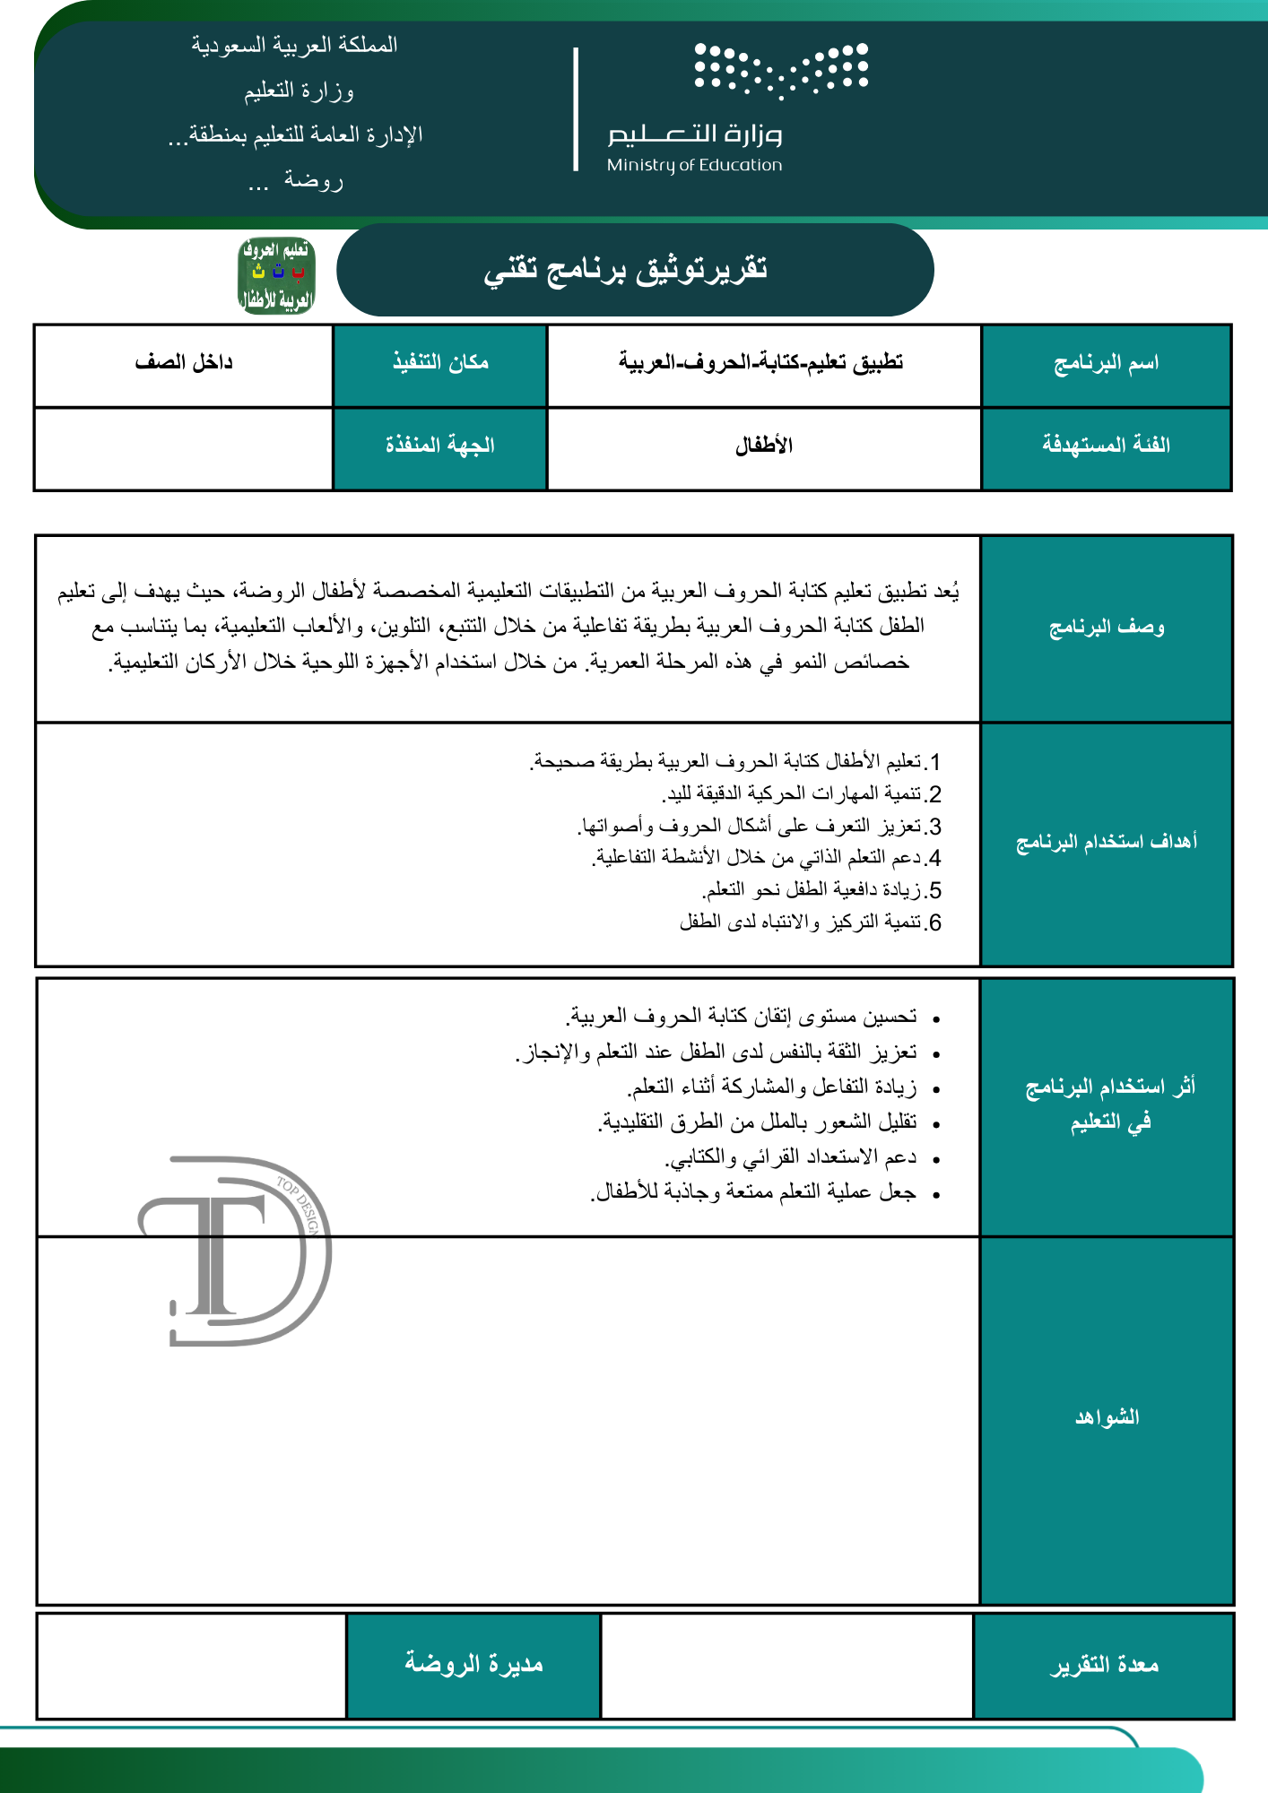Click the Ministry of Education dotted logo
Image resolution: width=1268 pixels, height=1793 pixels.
coord(781,69)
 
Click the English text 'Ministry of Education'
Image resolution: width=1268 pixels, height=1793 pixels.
coord(694,165)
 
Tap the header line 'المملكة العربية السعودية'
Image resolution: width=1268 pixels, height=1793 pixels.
coord(294,45)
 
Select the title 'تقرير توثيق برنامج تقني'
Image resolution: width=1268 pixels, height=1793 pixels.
coord(626,269)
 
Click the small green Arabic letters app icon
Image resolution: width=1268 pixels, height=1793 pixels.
coord(276,275)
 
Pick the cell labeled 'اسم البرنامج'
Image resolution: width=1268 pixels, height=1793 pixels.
coord(1106,363)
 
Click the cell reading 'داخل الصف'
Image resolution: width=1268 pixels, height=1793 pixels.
coord(184,362)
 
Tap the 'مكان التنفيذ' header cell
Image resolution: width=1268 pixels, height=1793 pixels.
coord(440,362)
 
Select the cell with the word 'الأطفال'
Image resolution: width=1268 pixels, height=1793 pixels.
coord(764,446)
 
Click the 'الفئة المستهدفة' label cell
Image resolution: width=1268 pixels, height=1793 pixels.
coord(1106,445)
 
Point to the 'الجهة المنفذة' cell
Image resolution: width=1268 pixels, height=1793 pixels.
coord(440,445)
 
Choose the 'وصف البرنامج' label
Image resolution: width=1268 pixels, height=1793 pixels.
coord(1107,628)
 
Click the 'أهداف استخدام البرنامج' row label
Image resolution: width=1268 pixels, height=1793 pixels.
coord(1107,842)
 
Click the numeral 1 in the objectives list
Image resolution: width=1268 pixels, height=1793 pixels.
coord(934,762)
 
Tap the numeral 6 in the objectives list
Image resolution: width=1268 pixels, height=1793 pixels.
coord(934,922)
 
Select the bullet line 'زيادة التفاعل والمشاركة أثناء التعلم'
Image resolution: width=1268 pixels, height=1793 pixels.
coord(771,1087)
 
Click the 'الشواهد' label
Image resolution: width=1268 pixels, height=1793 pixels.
coord(1107,1417)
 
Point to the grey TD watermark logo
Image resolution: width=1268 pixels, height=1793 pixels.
coord(235,1252)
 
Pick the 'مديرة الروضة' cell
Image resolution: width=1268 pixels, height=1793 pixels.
coord(473,1665)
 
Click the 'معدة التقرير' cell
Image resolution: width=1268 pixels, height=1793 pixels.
coord(1104,1665)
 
